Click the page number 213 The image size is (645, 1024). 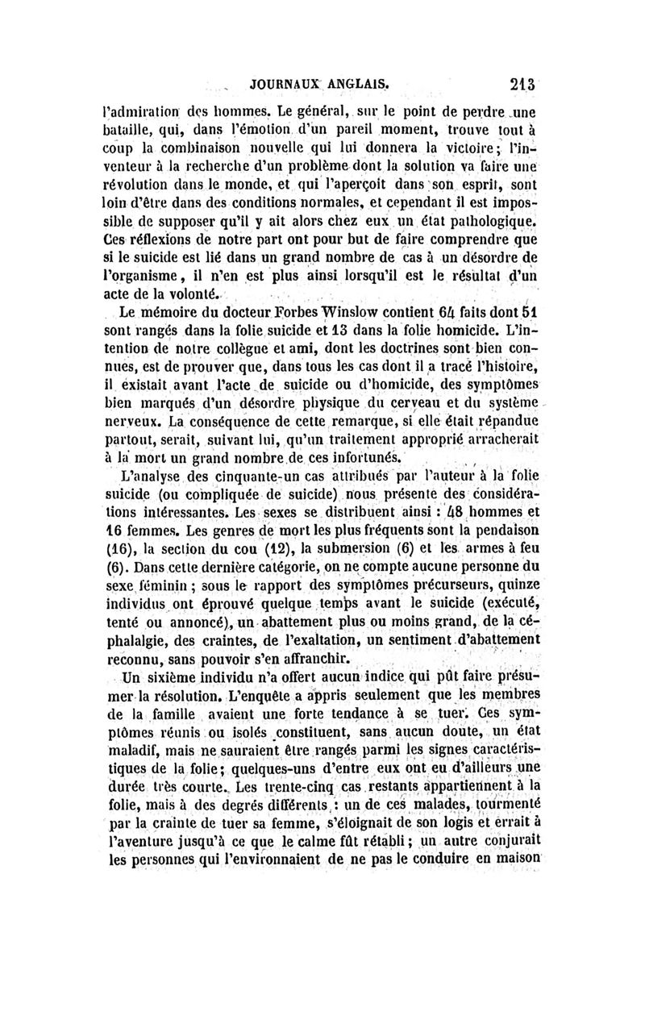(x=523, y=82)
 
